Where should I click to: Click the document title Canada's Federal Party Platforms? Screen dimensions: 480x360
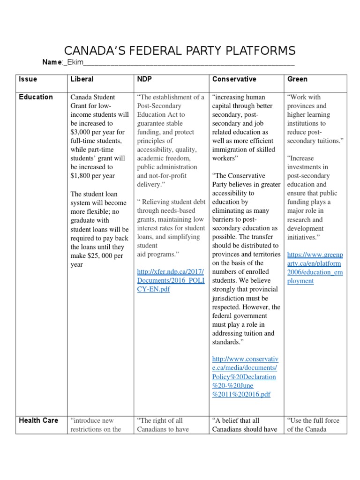(180, 51)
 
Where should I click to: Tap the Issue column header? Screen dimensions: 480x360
(28, 79)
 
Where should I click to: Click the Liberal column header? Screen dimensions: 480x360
(82, 79)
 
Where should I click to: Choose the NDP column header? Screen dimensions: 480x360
(144, 79)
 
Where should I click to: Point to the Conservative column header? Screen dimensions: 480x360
(234, 79)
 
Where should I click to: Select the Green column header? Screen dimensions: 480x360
(297, 79)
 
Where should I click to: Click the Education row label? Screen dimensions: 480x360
(36, 97)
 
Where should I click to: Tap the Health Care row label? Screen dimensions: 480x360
(38, 420)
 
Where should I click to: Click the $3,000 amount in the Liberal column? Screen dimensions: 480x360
(82, 132)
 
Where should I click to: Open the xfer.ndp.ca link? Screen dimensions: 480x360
(171, 280)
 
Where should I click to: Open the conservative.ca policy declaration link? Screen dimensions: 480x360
(244, 376)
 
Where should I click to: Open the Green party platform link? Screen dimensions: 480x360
(315, 263)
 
